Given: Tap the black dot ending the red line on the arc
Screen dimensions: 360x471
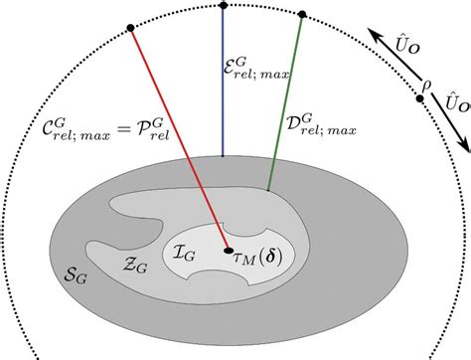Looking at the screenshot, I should tap(130, 28).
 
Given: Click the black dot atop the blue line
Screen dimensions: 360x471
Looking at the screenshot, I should tap(223, 7).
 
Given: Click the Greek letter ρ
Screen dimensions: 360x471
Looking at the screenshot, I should tap(426, 86).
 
